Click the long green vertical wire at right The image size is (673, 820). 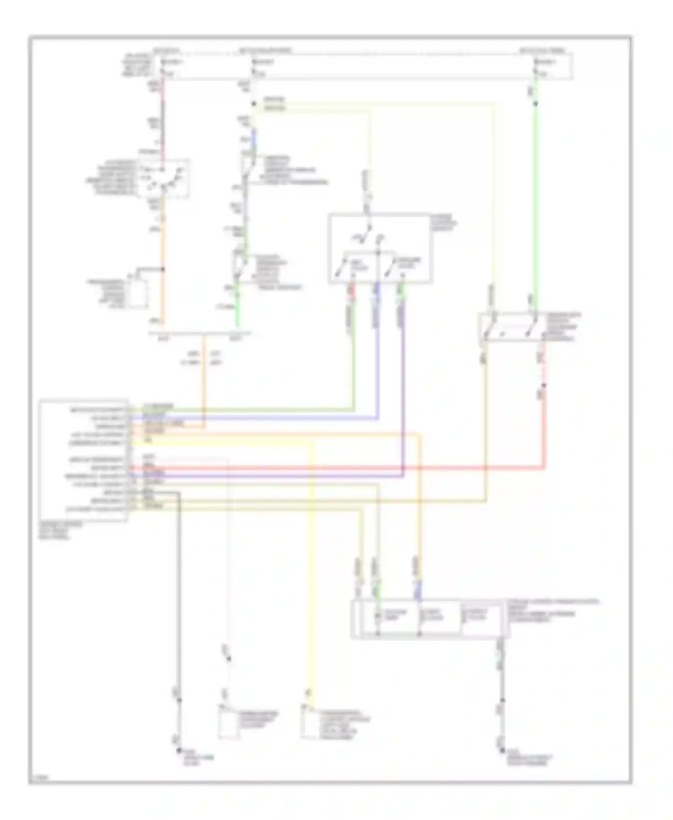tap(536, 202)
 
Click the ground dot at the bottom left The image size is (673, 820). tap(179, 750)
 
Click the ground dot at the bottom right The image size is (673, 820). tap(502, 750)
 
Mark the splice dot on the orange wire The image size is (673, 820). tap(163, 269)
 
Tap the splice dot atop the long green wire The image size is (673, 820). tap(536, 104)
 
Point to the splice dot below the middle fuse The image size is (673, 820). tap(254, 104)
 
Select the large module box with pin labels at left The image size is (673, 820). tap(83, 460)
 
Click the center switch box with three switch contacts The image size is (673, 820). tap(380, 248)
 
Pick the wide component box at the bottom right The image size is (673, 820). tap(430, 618)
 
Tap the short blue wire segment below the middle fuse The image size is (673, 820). tap(254, 137)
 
